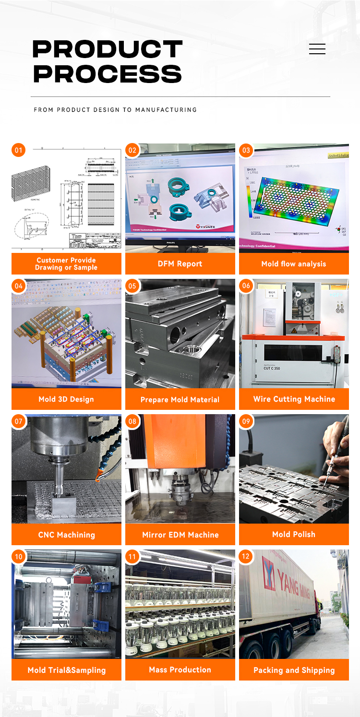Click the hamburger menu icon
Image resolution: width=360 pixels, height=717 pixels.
317,49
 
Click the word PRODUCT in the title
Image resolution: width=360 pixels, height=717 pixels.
107,49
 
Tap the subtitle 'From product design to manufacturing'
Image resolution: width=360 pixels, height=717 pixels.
115,110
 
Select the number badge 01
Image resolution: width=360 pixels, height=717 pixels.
18,150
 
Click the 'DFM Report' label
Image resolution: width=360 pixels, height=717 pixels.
180,264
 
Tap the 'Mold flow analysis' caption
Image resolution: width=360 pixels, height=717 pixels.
293,264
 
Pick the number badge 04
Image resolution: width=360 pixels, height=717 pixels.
18,286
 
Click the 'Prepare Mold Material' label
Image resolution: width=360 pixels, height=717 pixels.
180,399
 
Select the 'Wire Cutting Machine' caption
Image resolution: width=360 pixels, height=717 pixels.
294,399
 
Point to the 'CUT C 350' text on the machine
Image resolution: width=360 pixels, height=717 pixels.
272,368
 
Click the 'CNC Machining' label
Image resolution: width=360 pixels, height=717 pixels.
66,535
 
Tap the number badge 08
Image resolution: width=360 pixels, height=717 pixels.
132,421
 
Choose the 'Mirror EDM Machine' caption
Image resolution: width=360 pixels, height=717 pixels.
180,535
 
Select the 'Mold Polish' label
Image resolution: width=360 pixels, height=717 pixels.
293,534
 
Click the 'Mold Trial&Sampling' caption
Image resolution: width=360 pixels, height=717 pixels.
66,670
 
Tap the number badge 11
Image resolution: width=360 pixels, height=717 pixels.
132,557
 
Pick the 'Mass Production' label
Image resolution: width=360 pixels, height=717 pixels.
180,669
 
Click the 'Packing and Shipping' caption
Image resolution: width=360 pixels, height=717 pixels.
294,670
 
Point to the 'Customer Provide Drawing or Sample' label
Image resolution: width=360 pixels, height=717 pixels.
66,264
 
